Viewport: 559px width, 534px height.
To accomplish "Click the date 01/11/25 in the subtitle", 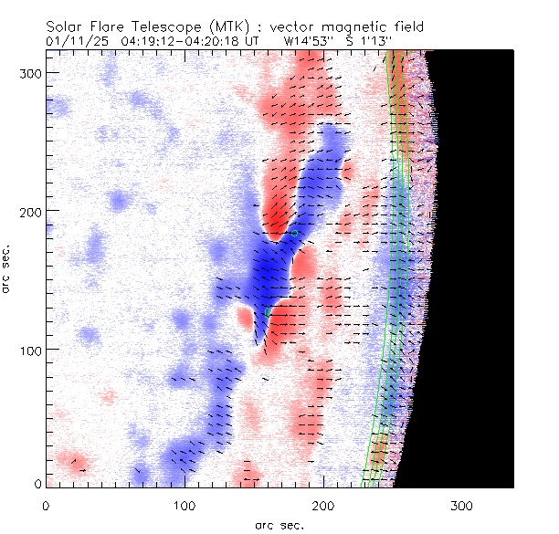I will [74, 41].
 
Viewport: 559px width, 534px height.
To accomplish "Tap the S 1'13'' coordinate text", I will [369, 41].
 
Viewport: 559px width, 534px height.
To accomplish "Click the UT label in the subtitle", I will [251, 41].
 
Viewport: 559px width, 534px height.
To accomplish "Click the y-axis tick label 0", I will [37, 483].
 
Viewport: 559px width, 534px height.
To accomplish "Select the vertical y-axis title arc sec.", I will [8, 270].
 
